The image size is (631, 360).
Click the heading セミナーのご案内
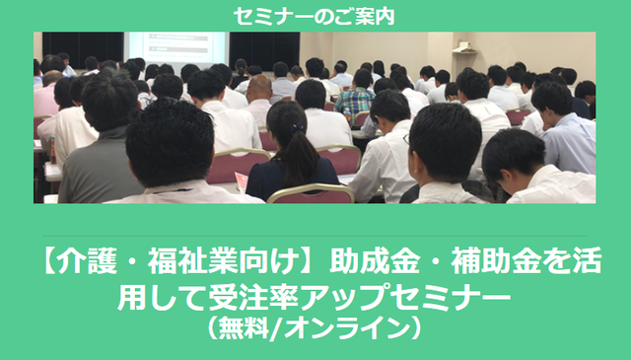click(x=315, y=16)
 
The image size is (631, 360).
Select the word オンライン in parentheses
click(x=346, y=326)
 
